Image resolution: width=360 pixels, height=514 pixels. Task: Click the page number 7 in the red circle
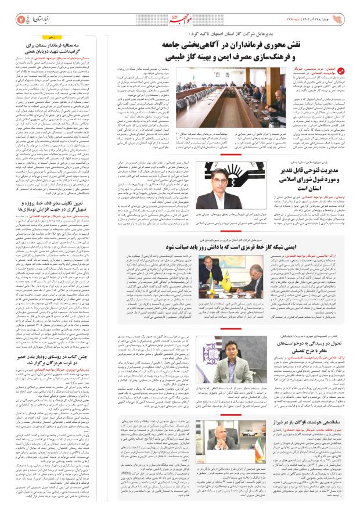(x=20, y=13)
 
